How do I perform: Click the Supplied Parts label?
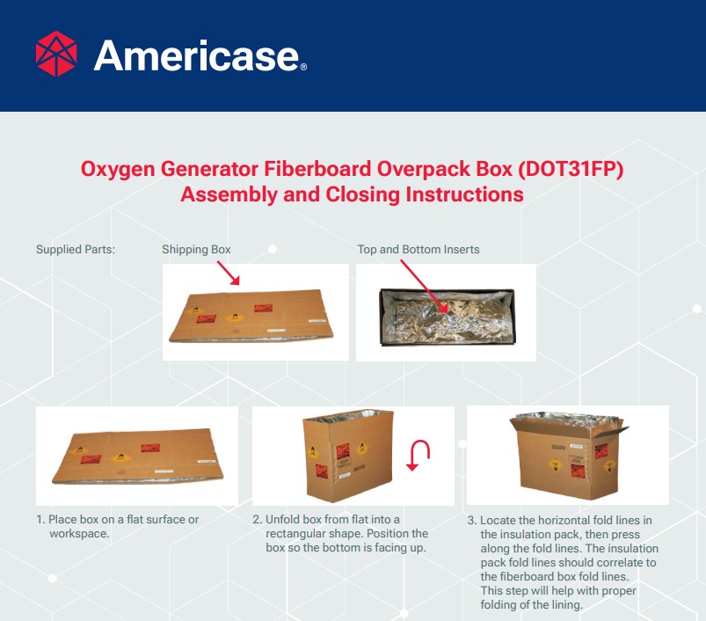click(x=76, y=250)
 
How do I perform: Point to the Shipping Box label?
click(x=196, y=250)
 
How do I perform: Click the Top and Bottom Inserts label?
click(x=419, y=250)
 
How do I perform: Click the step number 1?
click(x=40, y=520)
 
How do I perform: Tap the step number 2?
click(x=257, y=520)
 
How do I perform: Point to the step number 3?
click(x=471, y=521)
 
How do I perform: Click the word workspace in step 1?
click(x=79, y=534)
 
